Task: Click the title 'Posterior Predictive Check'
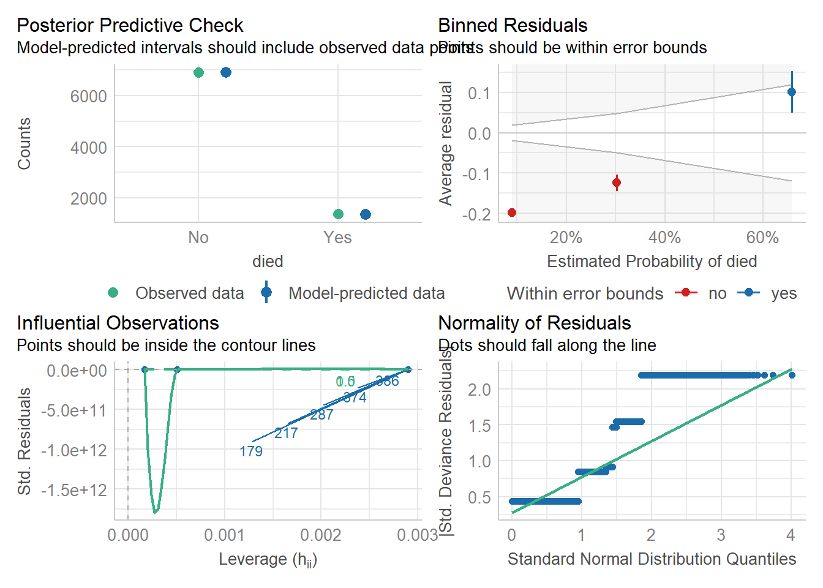coord(130,25)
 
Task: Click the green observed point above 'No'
coord(198,72)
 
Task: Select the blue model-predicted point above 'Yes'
coord(366,214)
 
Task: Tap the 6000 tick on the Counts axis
coord(89,96)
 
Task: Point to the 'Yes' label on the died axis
coord(337,238)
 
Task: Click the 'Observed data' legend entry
coord(189,293)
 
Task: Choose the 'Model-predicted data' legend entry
coord(366,293)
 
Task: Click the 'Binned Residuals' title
coord(513,25)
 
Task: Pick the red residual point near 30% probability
coord(617,182)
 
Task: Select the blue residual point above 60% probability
coord(792,92)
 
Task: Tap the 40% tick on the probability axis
coord(664,238)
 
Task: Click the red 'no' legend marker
coord(686,293)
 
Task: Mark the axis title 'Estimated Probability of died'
coord(652,262)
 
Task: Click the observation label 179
coord(251,451)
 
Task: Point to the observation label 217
coord(286,433)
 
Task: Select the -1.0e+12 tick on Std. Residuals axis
coord(74,450)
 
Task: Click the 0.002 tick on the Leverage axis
coord(321,535)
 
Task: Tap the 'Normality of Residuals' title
coord(535,323)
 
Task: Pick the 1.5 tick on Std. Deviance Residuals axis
coord(479,426)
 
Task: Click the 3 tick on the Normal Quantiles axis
coord(721,535)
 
